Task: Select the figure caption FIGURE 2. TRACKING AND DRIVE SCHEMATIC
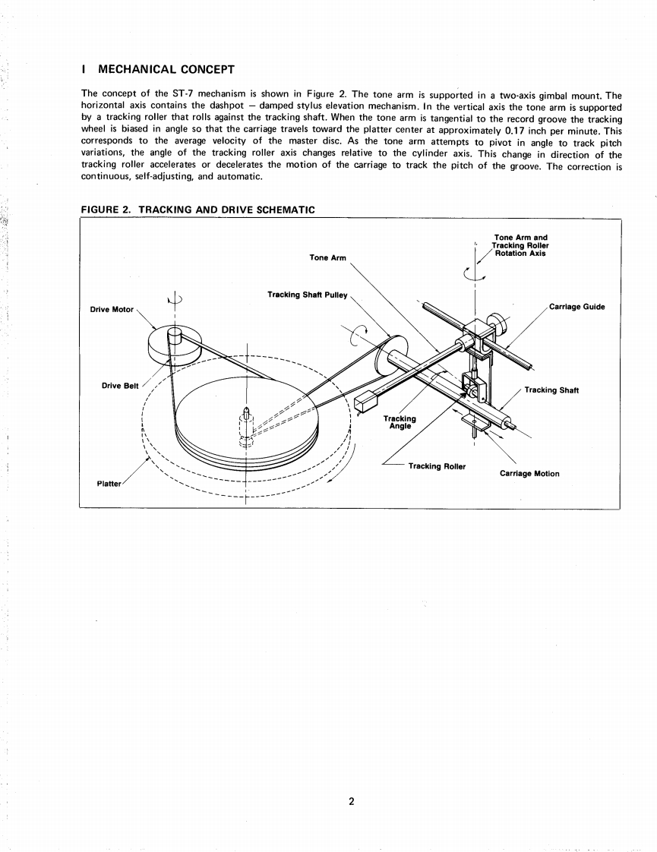(197, 210)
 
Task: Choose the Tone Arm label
(327, 257)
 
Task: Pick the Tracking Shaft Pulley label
(307, 295)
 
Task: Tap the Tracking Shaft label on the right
(551, 390)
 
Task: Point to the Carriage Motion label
(529, 474)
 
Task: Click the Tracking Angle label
(400, 422)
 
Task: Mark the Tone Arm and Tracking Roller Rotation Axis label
(521, 245)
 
